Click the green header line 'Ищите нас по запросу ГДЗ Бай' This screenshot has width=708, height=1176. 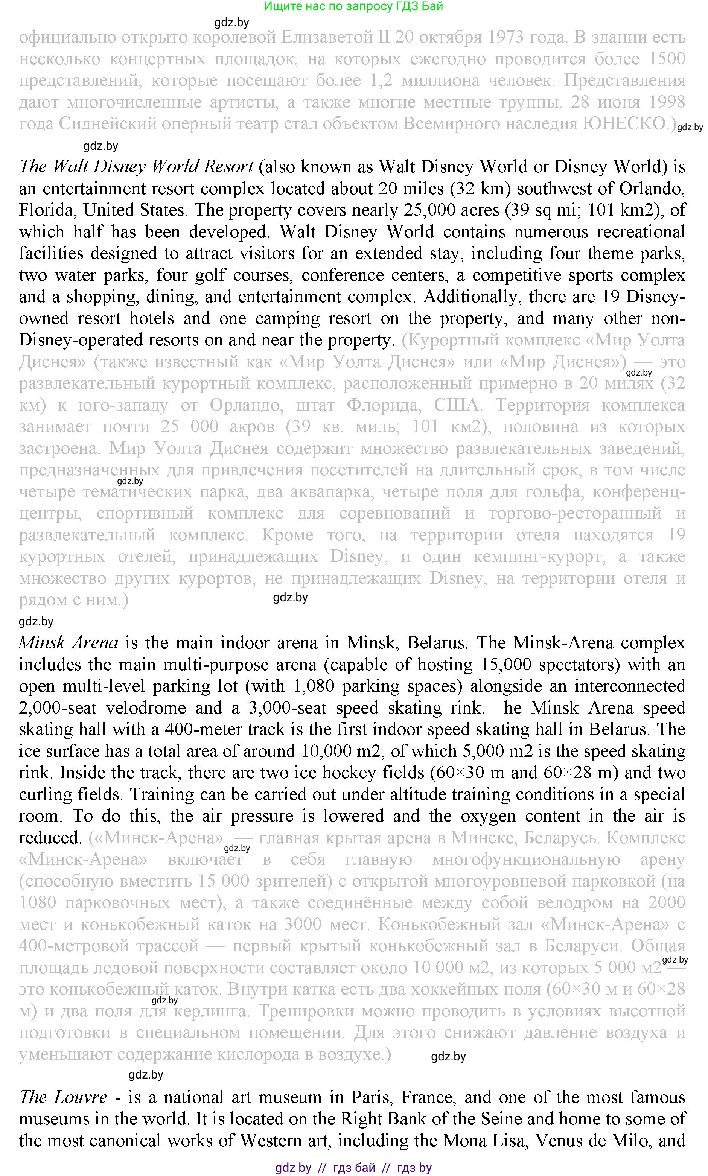point(353,6)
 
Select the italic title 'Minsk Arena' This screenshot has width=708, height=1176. point(68,643)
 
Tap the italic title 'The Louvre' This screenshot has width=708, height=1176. point(63,1097)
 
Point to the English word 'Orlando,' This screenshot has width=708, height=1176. point(652,189)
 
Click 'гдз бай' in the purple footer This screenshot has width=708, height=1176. point(354,1168)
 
